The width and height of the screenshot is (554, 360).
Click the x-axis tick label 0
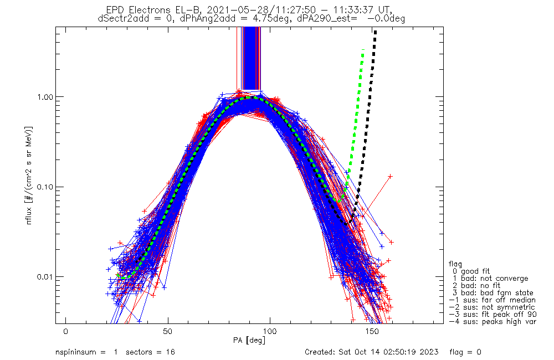(66, 331)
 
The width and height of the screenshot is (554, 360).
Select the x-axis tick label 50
(168, 331)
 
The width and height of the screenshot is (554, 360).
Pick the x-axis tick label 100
(270, 331)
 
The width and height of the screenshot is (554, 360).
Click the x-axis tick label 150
(372, 331)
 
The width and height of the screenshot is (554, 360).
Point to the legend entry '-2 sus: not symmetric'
(492, 307)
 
